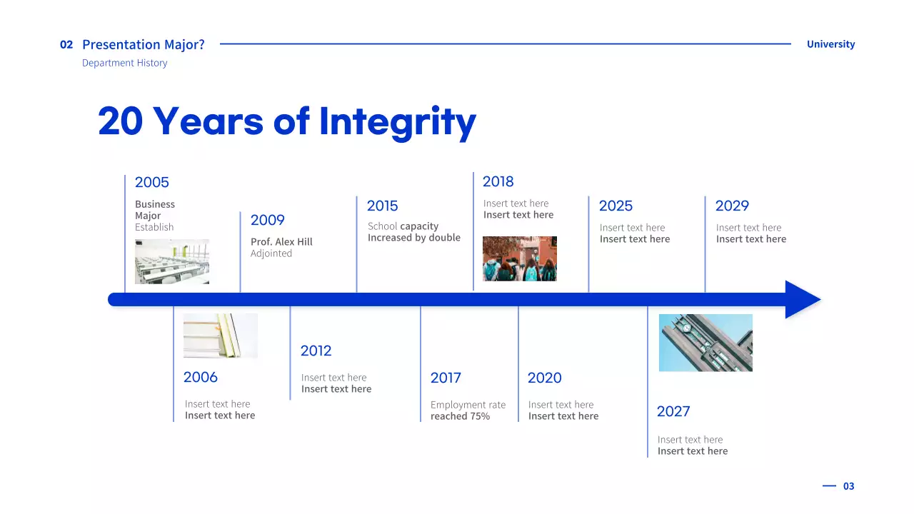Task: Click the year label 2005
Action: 151,183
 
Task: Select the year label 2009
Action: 267,221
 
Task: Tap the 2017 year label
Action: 446,378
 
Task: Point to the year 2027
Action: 673,412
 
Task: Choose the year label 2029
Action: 732,206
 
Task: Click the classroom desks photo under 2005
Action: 172,261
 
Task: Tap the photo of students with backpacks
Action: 520,258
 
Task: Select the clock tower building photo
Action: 705,343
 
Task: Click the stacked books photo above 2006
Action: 221,336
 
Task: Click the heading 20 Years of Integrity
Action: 287,121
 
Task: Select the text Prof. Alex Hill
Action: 281,242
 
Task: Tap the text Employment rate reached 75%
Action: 468,410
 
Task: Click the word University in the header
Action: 830,44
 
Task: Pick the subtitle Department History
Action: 125,63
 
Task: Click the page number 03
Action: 848,486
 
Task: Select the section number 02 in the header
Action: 66,44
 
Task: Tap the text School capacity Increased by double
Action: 413,232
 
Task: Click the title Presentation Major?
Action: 144,44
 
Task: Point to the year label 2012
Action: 316,351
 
